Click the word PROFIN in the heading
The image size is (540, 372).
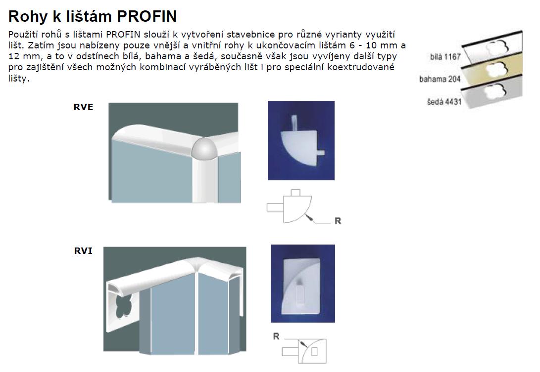147,16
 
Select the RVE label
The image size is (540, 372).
83,107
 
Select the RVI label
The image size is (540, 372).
83,251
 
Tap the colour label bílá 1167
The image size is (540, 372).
445,57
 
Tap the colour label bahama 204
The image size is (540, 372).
440,79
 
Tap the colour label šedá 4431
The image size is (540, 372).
444,101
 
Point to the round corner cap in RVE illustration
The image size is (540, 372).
204,149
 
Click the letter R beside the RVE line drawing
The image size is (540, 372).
338,221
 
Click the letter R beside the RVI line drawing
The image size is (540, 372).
276,336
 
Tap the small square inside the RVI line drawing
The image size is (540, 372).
314,352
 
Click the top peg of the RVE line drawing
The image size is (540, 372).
295,193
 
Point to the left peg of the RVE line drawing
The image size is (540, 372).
275,207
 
